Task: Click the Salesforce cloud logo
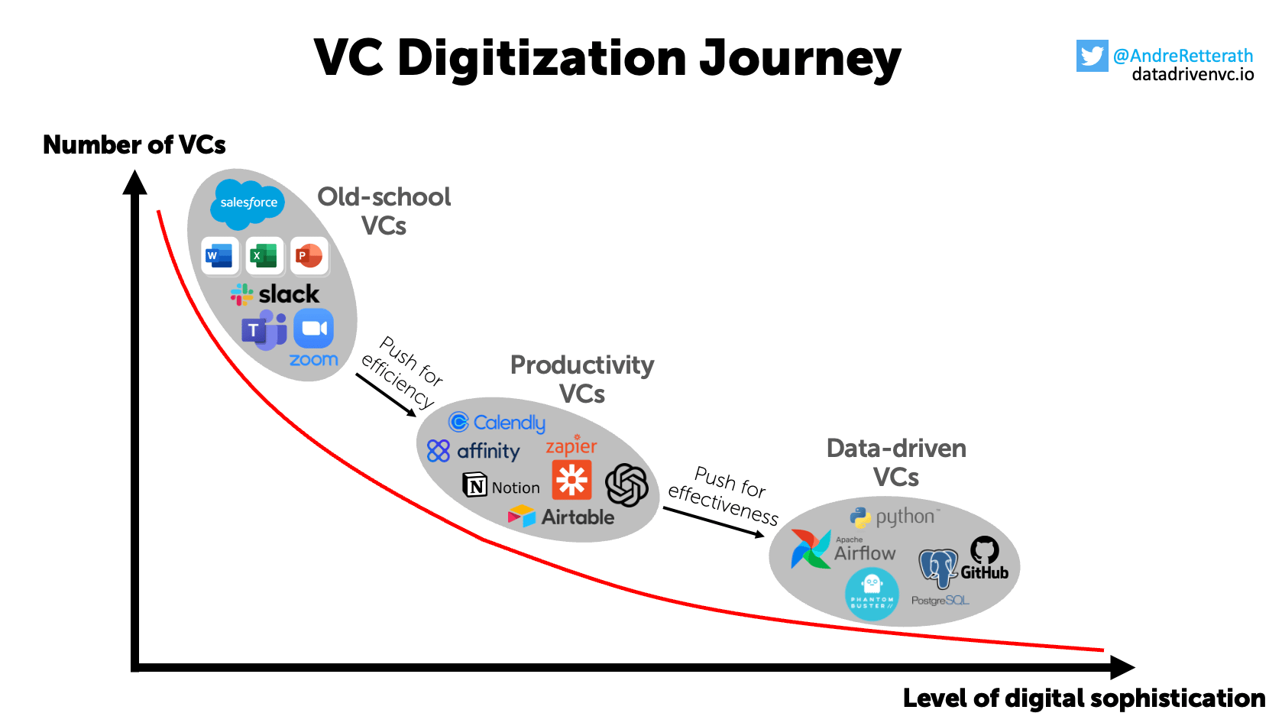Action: point(248,201)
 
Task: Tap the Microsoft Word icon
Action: point(220,255)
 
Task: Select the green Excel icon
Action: point(264,255)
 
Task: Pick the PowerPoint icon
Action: point(309,255)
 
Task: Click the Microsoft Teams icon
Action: point(264,330)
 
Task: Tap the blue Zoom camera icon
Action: point(314,329)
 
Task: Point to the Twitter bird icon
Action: point(1092,56)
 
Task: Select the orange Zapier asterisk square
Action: point(571,480)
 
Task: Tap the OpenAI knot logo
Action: point(626,485)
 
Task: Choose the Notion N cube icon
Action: point(474,485)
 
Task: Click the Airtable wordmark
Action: point(578,517)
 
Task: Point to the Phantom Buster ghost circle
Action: point(872,594)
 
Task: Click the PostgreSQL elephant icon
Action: point(938,568)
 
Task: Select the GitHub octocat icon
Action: point(984,550)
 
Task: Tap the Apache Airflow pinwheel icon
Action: point(810,549)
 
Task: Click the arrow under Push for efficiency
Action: point(386,394)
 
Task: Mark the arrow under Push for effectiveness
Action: point(714,522)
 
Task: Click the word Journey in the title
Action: point(800,59)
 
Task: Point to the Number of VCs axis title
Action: point(134,144)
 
